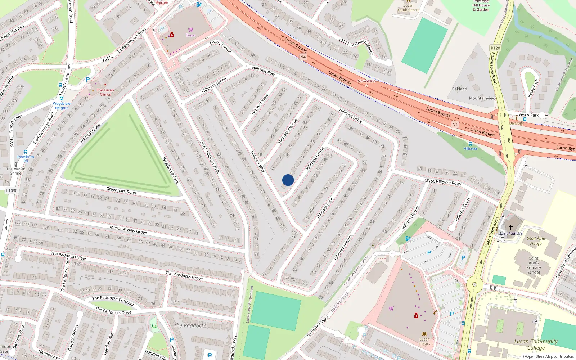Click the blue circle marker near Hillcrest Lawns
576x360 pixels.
(x=288, y=180)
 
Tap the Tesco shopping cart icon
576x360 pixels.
(x=190, y=30)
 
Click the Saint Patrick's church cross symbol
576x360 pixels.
(x=510, y=228)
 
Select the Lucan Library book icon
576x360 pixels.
(x=424, y=334)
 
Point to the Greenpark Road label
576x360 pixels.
(x=121, y=190)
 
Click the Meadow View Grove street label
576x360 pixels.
(x=128, y=230)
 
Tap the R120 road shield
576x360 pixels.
(x=495, y=48)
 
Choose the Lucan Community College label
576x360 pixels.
(x=536, y=344)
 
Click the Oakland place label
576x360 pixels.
(x=459, y=89)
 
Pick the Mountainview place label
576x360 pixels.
(x=482, y=98)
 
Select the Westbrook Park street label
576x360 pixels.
(x=170, y=170)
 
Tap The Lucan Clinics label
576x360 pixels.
(x=105, y=92)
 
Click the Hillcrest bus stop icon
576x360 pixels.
(x=470, y=144)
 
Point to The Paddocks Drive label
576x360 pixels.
(x=113, y=311)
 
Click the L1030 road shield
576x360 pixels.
(x=12, y=190)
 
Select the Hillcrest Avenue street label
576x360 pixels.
(x=288, y=131)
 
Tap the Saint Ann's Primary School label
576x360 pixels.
(x=534, y=265)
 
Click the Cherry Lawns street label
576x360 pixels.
(x=220, y=46)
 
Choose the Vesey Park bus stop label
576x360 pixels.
(x=528, y=115)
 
